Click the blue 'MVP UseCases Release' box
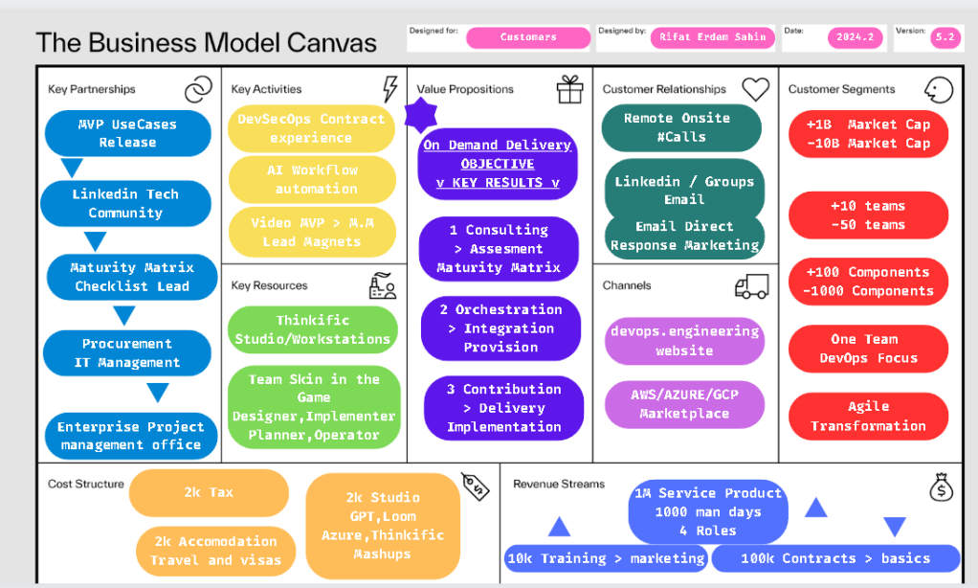click(x=128, y=133)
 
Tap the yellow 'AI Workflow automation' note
click(x=312, y=179)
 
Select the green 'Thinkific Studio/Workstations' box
click(x=313, y=329)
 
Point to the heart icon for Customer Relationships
click(x=755, y=89)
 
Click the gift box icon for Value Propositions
click(x=570, y=89)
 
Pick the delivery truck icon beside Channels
click(x=751, y=286)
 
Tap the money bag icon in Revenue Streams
click(x=942, y=486)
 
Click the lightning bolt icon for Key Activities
click(x=389, y=89)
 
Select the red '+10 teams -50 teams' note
click(x=868, y=215)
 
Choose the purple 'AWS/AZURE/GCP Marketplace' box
click(x=684, y=404)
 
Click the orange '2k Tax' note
click(x=209, y=492)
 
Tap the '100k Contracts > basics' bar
click(x=835, y=558)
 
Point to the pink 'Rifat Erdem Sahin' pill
click(x=713, y=37)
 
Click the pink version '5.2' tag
click(x=945, y=37)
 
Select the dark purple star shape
click(x=421, y=115)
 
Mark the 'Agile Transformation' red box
click(x=868, y=417)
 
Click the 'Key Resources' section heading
click(x=270, y=286)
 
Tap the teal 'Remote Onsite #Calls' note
click(x=681, y=127)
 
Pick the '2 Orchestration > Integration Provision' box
click(x=500, y=328)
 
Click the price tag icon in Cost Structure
click(x=476, y=486)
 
